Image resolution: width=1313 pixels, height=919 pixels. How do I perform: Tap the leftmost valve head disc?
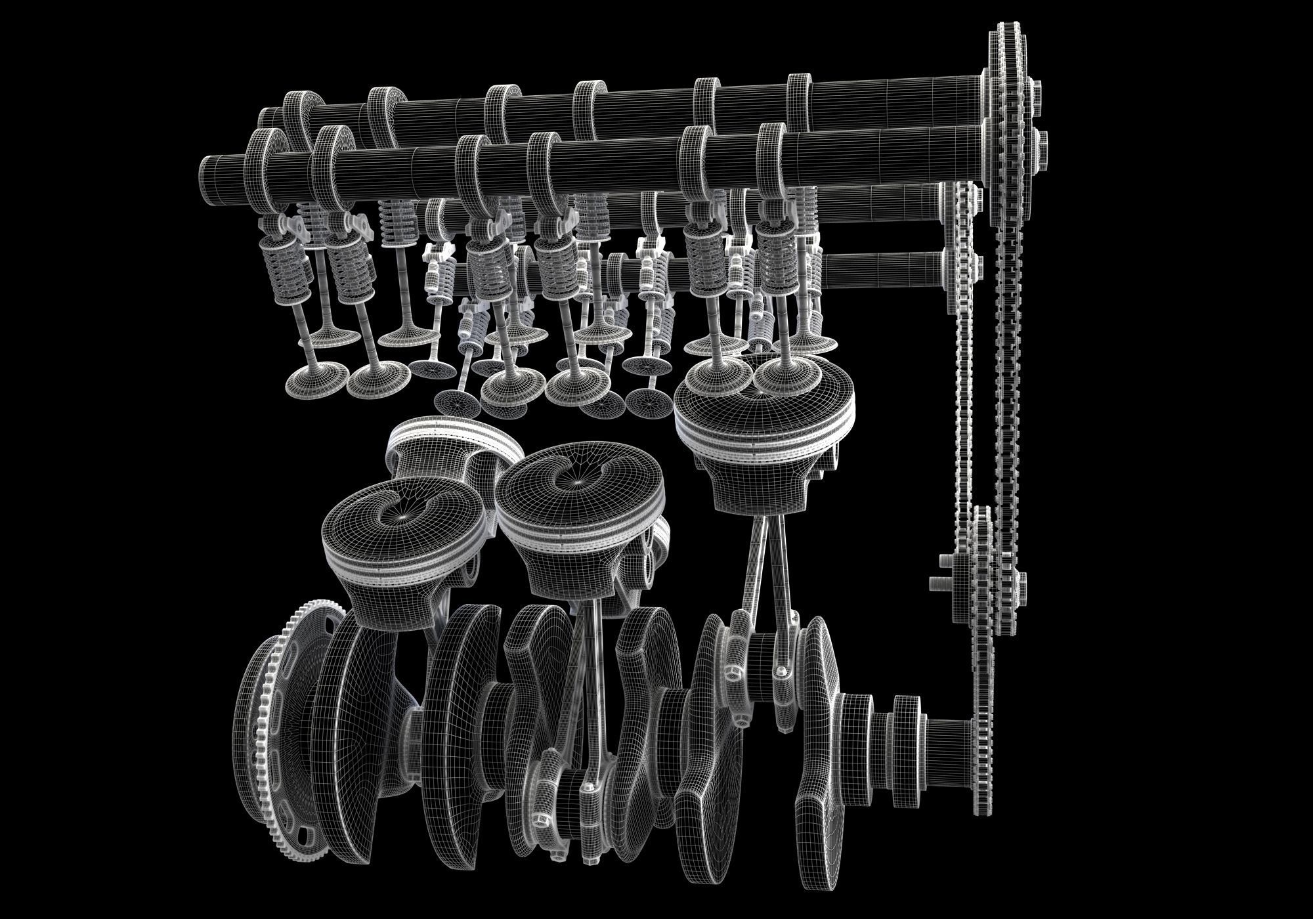[318, 377]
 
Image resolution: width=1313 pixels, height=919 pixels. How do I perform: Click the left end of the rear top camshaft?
[266, 118]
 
